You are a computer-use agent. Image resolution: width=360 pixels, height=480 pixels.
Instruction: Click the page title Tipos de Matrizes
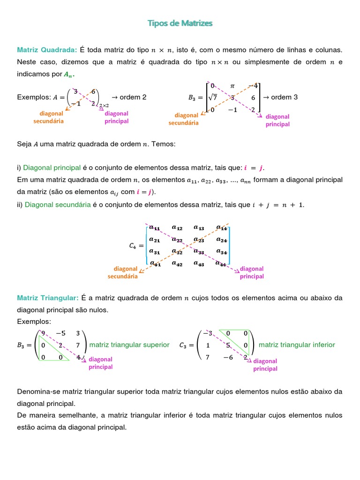pyautogui.click(x=180, y=23)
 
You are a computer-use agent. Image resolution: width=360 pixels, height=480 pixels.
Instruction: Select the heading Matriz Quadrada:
pyautogui.click(x=47, y=50)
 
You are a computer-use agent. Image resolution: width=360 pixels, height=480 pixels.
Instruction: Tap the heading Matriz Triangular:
pyautogui.click(x=48, y=298)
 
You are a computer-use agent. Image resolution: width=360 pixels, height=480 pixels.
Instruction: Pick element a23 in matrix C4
pyautogui.click(x=200, y=240)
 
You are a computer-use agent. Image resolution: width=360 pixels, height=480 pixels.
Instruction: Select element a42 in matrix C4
pyautogui.click(x=177, y=263)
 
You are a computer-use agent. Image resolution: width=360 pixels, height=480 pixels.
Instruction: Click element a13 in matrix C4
pyautogui.click(x=199, y=228)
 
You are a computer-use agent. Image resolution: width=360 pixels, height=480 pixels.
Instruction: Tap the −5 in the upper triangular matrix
pyautogui.click(x=61, y=333)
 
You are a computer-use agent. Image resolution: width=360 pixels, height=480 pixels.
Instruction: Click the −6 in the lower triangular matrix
pyautogui.click(x=228, y=357)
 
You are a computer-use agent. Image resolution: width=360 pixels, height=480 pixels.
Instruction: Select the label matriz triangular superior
pyautogui.click(x=129, y=345)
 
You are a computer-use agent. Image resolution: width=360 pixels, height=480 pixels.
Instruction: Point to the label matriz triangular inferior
pyautogui.click(x=297, y=345)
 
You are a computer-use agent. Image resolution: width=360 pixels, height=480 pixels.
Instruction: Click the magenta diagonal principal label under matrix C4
pyautogui.click(x=252, y=272)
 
